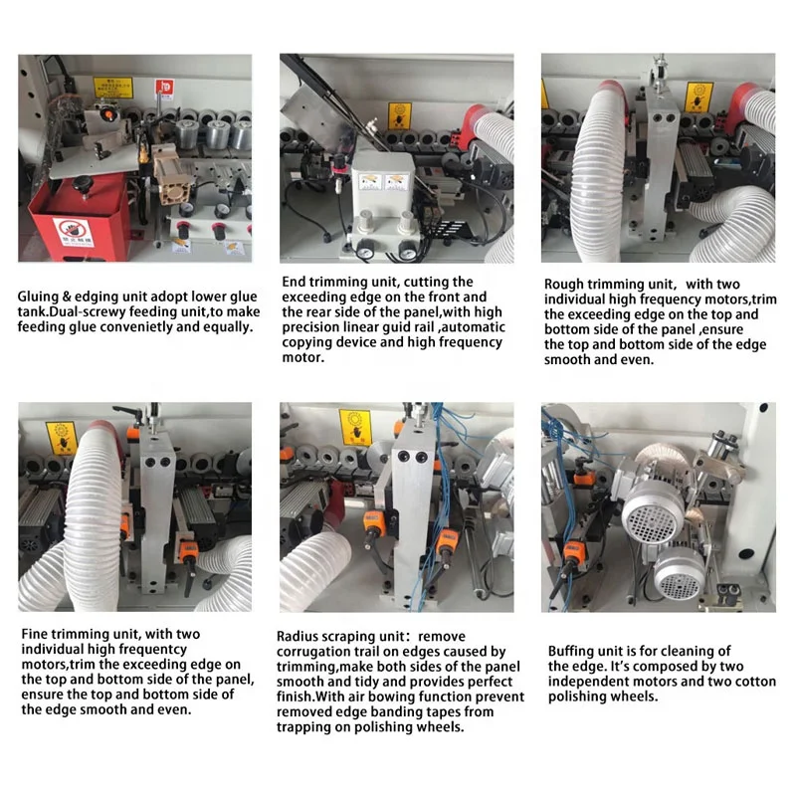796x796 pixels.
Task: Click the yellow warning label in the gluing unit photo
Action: [x=106, y=87]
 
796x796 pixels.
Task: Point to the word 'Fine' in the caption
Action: [x=35, y=634]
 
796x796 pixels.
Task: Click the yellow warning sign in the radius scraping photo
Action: [x=355, y=426]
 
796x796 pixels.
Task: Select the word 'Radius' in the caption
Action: [x=300, y=637]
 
